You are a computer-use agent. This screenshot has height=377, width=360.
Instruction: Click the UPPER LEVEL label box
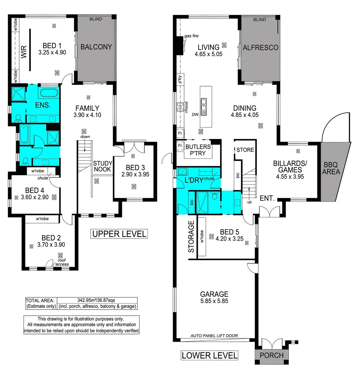pyautogui.click(x=119, y=234)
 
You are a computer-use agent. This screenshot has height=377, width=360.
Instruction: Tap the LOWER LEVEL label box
pyautogui.click(x=209, y=355)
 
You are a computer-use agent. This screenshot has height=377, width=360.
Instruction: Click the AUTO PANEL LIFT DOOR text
pyautogui.click(x=214, y=336)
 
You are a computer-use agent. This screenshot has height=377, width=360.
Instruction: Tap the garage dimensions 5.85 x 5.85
pyautogui.click(x=214, y=301)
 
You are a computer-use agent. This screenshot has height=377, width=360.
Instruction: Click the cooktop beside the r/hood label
pyautogui.click(x=181, y=107)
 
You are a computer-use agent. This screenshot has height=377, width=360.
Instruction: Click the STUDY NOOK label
pyautogui.click(x=102, y=166)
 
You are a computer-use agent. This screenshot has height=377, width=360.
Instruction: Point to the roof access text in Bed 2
pyautogui.click(x=61, y=262)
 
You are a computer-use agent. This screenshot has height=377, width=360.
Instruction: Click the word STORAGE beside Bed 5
pyautogui.click(x=191, y=236)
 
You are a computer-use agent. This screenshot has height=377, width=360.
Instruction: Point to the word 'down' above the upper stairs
pyautogui.click(x=85, y=137)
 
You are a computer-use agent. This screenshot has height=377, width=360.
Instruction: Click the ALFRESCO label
pyautogui.click(x=260, y=47)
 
